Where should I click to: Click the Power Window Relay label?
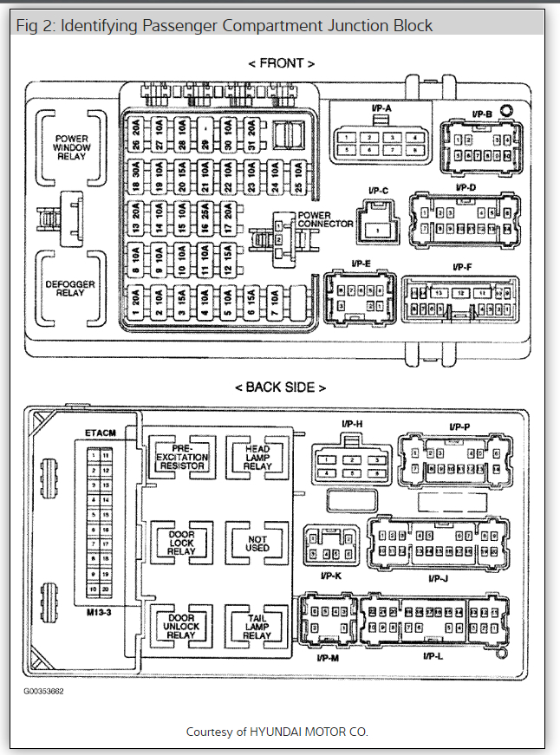pos(72,148)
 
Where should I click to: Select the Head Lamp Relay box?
pos(257,457)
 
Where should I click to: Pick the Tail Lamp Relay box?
pos(257,627)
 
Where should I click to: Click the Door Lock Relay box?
pos(181,542)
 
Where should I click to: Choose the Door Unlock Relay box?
pos(181,627)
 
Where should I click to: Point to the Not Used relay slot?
pos(257,542)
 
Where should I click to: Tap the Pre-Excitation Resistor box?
pos(181,457)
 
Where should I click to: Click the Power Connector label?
pos(325,219)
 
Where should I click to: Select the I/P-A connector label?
pos(381,107)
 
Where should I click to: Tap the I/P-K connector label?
pos(331,576)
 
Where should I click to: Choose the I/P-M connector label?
pos(329,656)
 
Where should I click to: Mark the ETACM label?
pos(101,431)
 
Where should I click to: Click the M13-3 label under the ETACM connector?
pos(99,610)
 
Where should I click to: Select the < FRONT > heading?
pos(281,63)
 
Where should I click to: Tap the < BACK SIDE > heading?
pos(281,387)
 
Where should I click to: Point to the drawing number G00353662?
pos(45,692)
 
